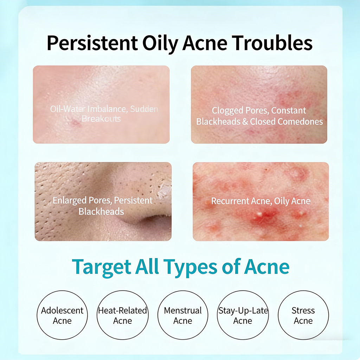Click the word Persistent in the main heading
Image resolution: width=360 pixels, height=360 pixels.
[92, 43]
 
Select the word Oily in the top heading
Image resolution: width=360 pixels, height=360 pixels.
[160, 44]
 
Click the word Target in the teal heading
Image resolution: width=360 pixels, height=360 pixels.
[101, 268]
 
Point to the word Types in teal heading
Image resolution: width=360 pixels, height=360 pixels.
[191, 268]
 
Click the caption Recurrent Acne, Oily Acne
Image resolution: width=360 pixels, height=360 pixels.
[261, 201]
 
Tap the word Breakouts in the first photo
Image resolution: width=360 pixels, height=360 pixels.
[101, 119]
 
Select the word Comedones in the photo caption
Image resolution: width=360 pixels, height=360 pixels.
[300, 121]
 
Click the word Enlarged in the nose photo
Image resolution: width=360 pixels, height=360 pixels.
[70, 201]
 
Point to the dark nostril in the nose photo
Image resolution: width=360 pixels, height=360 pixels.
[152, 221]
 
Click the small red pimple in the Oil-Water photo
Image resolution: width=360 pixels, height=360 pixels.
[75, 123]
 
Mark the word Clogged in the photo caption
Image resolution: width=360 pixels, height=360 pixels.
[227, 111]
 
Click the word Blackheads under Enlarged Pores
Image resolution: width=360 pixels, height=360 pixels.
[101, 211]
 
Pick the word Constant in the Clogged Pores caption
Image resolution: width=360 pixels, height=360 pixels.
[289, 110]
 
